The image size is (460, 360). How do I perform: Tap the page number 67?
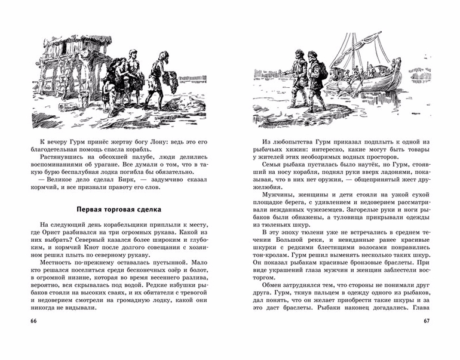[426, 323]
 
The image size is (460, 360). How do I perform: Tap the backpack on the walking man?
[322, 71]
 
